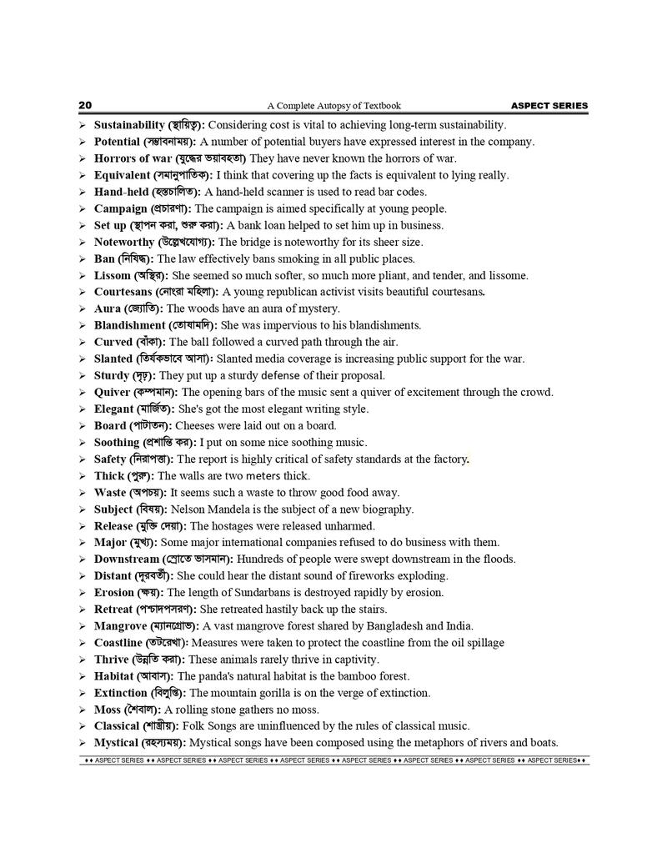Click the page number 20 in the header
(85, 106)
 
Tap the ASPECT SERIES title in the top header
(549, 106)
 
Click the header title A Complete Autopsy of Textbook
(333, 106)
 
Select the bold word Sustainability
(129, 125)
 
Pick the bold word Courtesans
(123, 292)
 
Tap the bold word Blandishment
(129, 325)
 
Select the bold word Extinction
(120, 693)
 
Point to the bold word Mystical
(116, 743)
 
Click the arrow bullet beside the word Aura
(83, 309)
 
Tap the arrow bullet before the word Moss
(83, 710)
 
